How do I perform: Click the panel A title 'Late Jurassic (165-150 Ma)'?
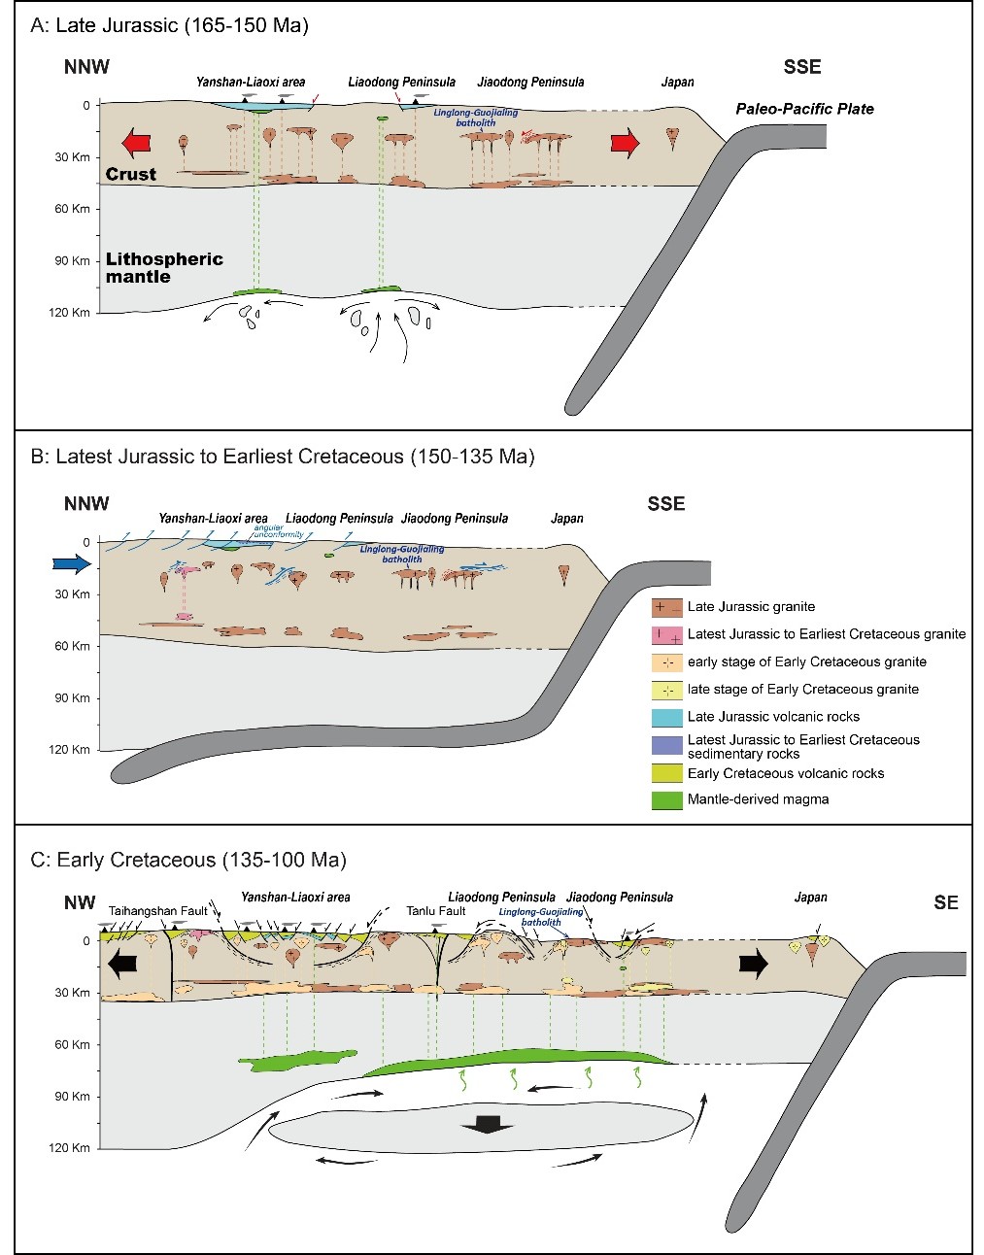[x=170, y=25]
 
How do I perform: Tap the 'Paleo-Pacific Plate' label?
[x=804, y=109]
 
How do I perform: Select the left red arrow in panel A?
[x=136, y=144]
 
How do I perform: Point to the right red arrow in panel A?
[x=626, y=144]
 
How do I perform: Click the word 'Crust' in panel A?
[x=131, y=175]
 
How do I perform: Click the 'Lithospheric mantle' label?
[x=164, y=268]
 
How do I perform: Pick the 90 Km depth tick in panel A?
[x=79, y=260]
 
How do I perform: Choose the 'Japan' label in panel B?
[x=567, y=518]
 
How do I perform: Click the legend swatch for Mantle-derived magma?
[x=666, y=800]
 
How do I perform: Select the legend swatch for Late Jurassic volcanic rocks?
[x=666, y=717]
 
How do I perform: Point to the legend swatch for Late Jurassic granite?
[x=666, y=607]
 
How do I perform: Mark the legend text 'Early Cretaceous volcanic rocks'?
[x=785, y=774]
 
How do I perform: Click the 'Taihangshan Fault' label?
[x=158, y=911]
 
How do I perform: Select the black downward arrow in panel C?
[x=487, y=1125]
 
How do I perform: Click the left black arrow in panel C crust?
[x=122, y=965]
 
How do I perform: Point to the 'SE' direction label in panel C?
[x=945, y=903]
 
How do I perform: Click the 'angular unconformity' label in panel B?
[x=277, y=531]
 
